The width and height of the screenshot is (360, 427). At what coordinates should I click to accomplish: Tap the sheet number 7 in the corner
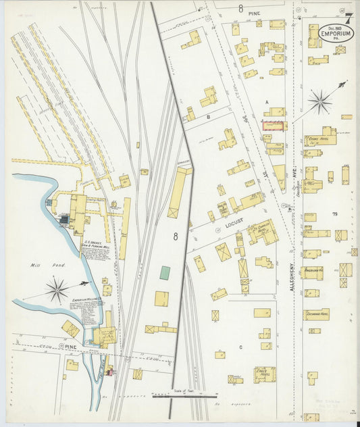[349, 16]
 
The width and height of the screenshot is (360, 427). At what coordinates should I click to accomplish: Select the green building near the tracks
[165, 272]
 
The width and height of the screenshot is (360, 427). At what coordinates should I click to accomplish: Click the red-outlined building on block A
[274, 124]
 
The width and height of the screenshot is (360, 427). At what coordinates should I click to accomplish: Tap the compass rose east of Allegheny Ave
[319, 103]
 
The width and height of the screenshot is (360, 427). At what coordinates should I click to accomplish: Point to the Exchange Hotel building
[316, 314]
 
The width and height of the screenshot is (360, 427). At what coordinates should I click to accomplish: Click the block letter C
[240, 347]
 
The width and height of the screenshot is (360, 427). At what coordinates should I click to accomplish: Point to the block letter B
[209, 116]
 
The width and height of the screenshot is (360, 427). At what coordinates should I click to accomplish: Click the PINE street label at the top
[254, 13]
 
